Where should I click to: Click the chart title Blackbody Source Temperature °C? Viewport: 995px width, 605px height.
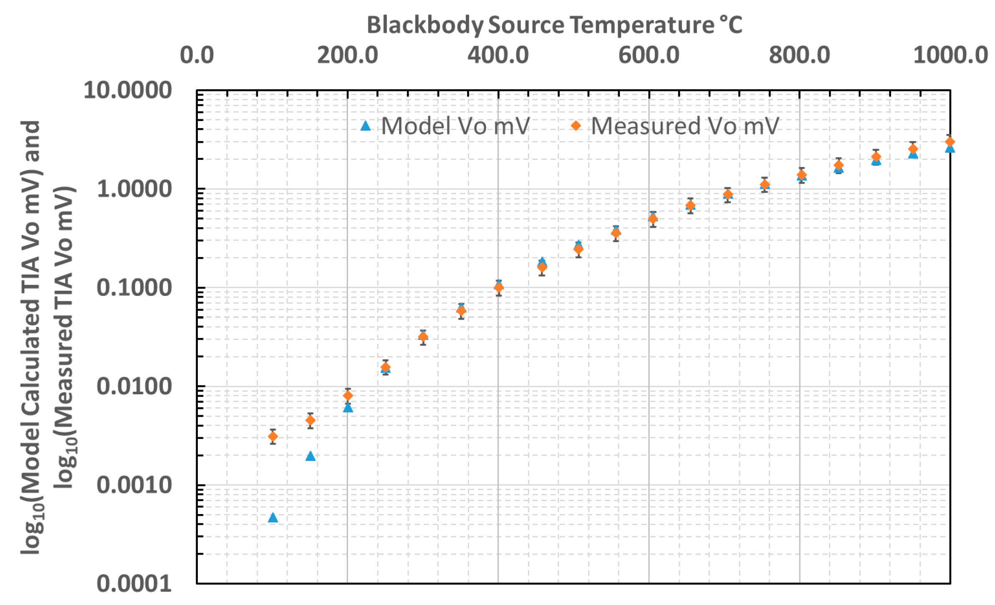point(554,25)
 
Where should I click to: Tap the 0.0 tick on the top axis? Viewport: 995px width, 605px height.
point(197,55)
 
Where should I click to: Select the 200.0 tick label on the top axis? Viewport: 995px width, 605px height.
point(347,55)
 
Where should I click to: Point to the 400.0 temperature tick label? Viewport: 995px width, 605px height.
point(498,55)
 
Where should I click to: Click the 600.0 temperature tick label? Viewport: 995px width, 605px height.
point(649,55)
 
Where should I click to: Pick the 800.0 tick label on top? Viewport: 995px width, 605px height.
point(799,55)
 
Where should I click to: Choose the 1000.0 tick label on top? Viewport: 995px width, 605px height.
point(950,55)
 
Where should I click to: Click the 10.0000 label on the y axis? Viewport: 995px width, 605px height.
point(128,90)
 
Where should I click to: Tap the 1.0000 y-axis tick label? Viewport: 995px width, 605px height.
point(134,189)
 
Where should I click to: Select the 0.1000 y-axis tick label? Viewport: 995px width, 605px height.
point(134,288)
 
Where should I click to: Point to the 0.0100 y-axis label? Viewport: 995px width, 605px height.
point(134,386)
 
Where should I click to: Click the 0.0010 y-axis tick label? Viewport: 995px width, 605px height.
point(134,485)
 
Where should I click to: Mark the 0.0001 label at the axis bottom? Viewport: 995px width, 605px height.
point(134,584)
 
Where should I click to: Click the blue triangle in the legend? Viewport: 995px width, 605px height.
point(366,126)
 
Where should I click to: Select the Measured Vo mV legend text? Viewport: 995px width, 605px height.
point(684,126)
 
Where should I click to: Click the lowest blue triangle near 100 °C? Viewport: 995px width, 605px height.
point(273,518)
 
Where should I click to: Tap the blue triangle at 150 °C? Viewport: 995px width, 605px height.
point(310,456)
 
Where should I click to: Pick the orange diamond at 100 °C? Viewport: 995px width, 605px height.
point(273,437)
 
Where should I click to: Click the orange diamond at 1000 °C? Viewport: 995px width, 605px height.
point(950,142)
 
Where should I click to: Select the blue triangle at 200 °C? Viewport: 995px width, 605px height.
point(348,408)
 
